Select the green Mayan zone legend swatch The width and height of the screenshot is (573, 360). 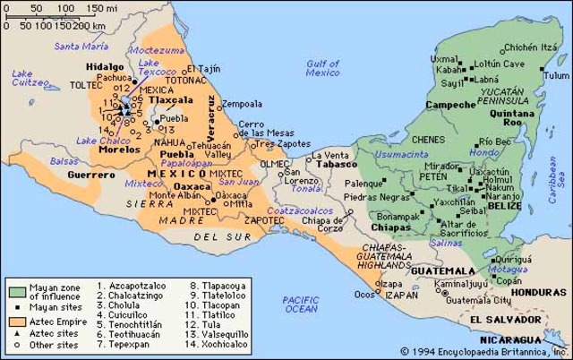(x=17, y=293)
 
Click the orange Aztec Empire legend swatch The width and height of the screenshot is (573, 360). (x=17, y=319)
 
